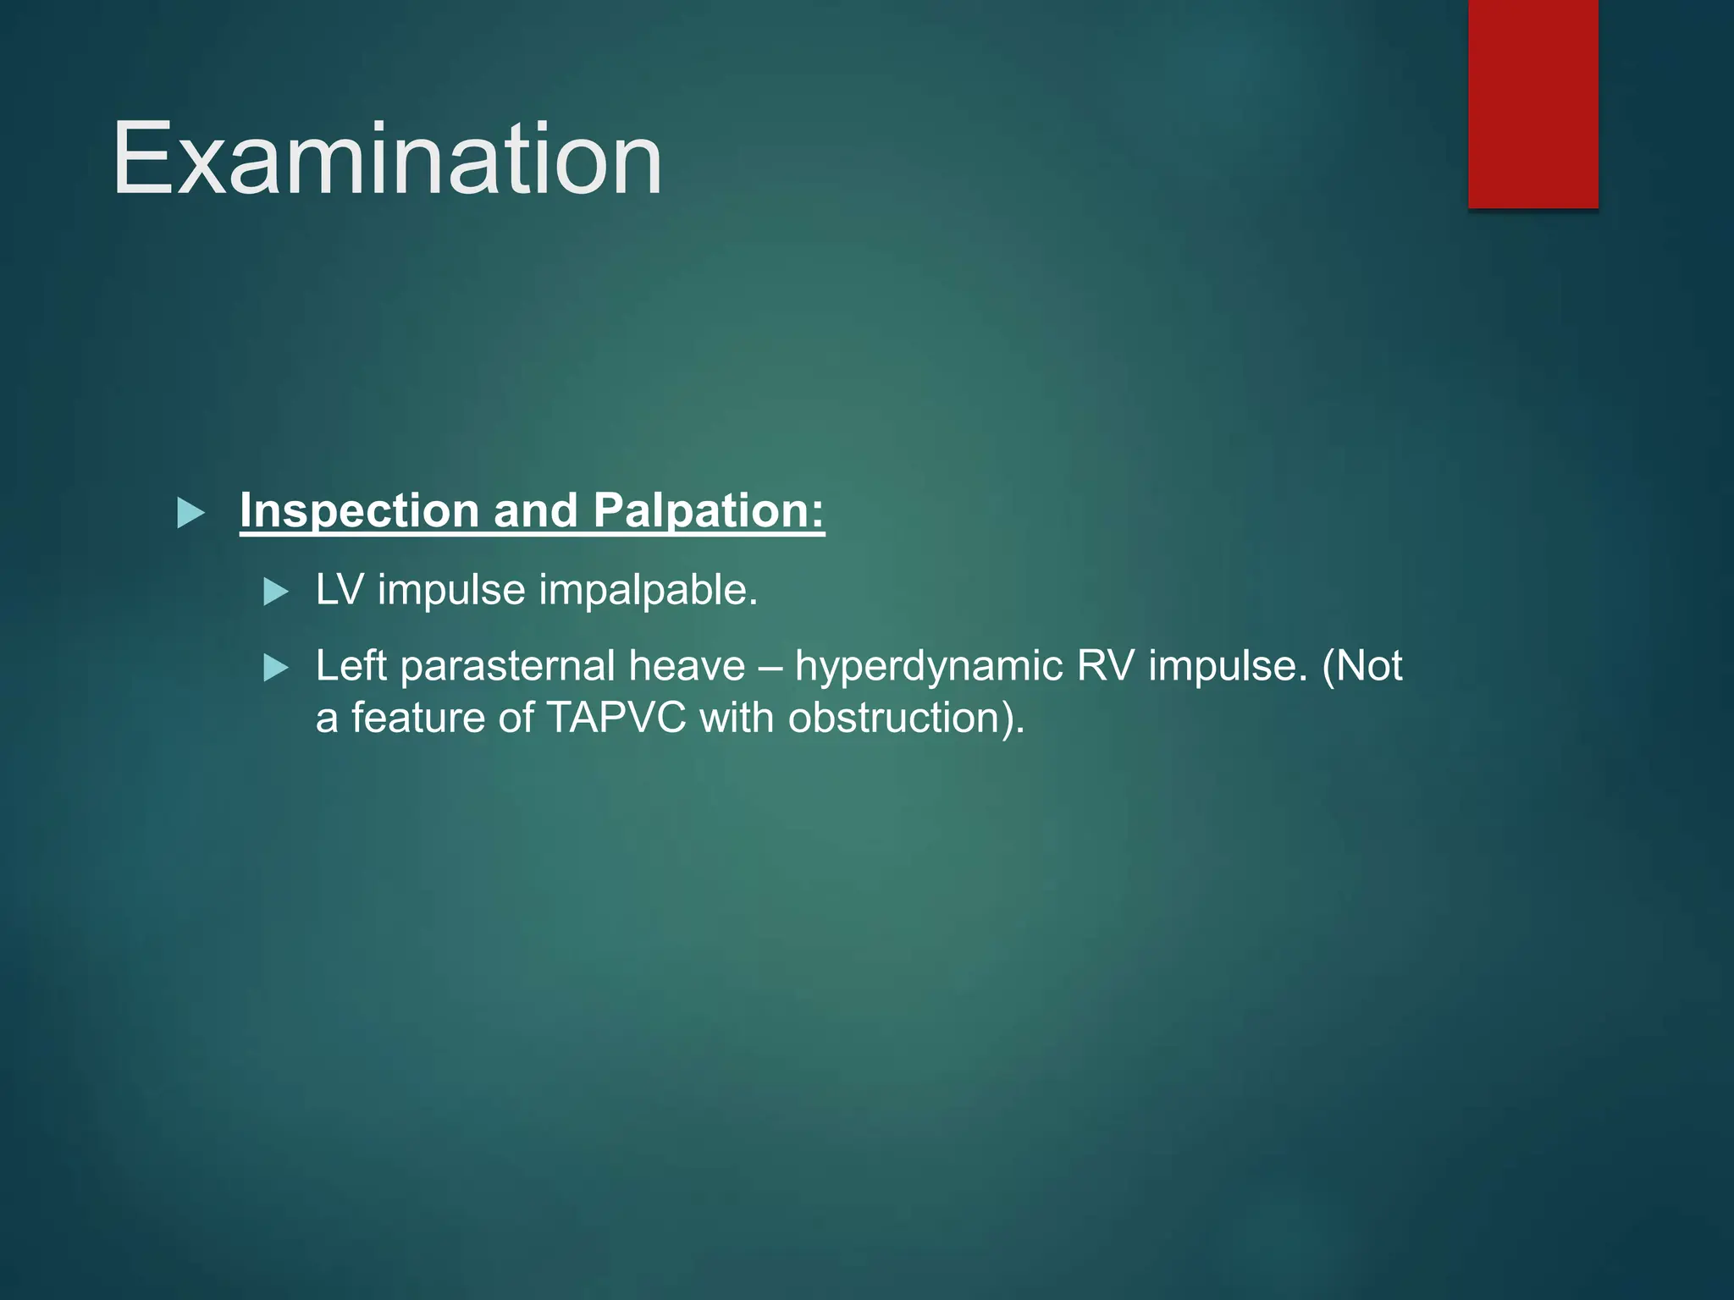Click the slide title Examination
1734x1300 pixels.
pyautogui.click(x=387, y=159)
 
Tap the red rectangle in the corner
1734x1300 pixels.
pyautogui.click(x=1532, y=103)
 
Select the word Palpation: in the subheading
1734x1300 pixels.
pyautogui.click(x=708, y=512)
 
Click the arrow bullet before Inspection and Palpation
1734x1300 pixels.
pyautogui.click(x=191, y=513)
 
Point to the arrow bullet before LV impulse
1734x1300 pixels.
pyautogui.click(x=276, y=591)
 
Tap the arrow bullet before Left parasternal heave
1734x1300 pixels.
pyautogui.click(x=276, y=668)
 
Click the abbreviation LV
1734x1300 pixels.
pyautogui.click(x=339, y=590)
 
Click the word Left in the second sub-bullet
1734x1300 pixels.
pyautogui.click(x=351, y=666)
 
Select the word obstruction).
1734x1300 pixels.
pyautogui.click(x=906, y=719)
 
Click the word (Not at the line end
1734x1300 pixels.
pyautogui.click(x=1361, y=666)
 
